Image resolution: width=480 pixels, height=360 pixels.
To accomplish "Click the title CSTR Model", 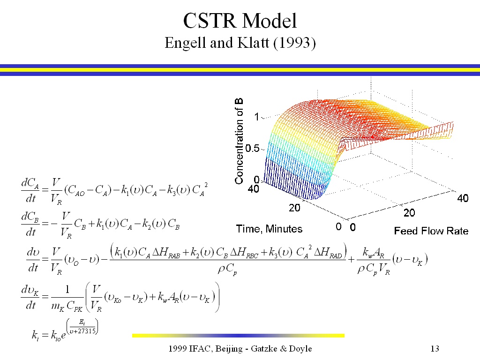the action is tap(240, 21).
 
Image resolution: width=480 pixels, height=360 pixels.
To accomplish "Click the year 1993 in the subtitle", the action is tap(294, 43).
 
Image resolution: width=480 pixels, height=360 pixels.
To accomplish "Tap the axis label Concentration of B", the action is tap(239, 141).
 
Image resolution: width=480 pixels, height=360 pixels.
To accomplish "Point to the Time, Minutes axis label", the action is tap(269, 229).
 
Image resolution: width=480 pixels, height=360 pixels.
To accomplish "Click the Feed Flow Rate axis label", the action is tap(431, 231).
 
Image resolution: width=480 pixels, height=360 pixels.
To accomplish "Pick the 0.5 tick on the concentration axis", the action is tap(252, 149).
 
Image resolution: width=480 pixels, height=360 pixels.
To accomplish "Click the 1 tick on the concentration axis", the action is tap(257, 117).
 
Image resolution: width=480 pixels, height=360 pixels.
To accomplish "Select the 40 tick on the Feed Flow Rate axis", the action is tap(463, 198).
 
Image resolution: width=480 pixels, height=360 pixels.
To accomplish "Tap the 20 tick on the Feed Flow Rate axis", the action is tap(409, 213).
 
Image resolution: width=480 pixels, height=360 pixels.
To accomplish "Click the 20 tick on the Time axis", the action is tap(294, 208).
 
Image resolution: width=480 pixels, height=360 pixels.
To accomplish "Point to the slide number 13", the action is tap(435, 349).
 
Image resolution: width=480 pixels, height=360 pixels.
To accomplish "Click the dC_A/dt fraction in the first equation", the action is tap(30, 190).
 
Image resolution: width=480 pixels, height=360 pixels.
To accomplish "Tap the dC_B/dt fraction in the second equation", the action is tap(30, 224).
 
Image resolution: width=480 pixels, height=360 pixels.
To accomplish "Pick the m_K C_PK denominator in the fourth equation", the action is tap(67, 306).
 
